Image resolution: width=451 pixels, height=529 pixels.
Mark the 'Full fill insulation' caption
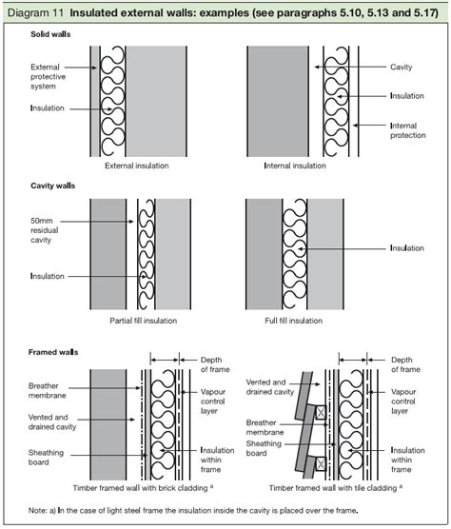point(298,321)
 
